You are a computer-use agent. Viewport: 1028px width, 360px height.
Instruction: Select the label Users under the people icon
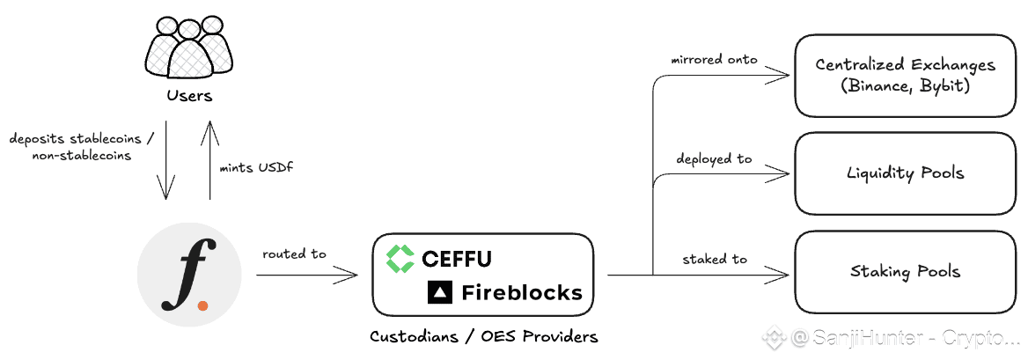tap(189, 94)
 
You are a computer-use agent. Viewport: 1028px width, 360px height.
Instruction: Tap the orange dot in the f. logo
tap(203, 305)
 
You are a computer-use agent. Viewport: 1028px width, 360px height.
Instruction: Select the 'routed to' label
tap(294, 254)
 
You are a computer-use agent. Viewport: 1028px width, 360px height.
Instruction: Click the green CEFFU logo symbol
tap(400, 258)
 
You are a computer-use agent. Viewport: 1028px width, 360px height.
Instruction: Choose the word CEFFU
tap(456, 259)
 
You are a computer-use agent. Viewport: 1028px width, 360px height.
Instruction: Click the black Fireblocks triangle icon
tap(439, 292)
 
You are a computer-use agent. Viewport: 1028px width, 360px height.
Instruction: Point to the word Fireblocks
tap(521, 292)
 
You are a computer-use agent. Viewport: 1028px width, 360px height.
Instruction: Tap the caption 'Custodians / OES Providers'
tap(483, 336)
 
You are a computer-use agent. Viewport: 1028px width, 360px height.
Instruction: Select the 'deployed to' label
tap(714, 159)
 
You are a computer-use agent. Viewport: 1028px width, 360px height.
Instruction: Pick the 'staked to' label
tap(715, 259)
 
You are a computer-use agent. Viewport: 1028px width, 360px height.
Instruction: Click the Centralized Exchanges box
tap(905, 77)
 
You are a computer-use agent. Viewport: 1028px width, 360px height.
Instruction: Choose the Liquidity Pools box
tap(905, 173)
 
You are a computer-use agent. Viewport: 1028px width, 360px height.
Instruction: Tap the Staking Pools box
tap(905, 271)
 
